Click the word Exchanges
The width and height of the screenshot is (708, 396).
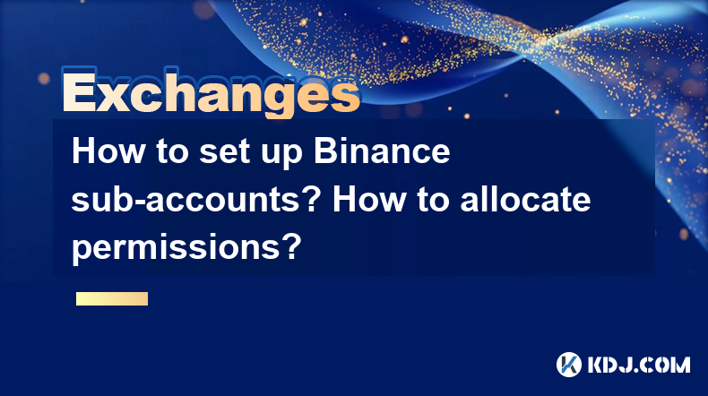point(211,92)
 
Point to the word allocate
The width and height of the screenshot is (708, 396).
point(525,199)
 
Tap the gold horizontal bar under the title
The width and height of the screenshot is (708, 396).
point(112,298)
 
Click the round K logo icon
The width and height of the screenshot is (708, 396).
point(568,365)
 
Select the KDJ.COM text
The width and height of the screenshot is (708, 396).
point(639,365)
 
